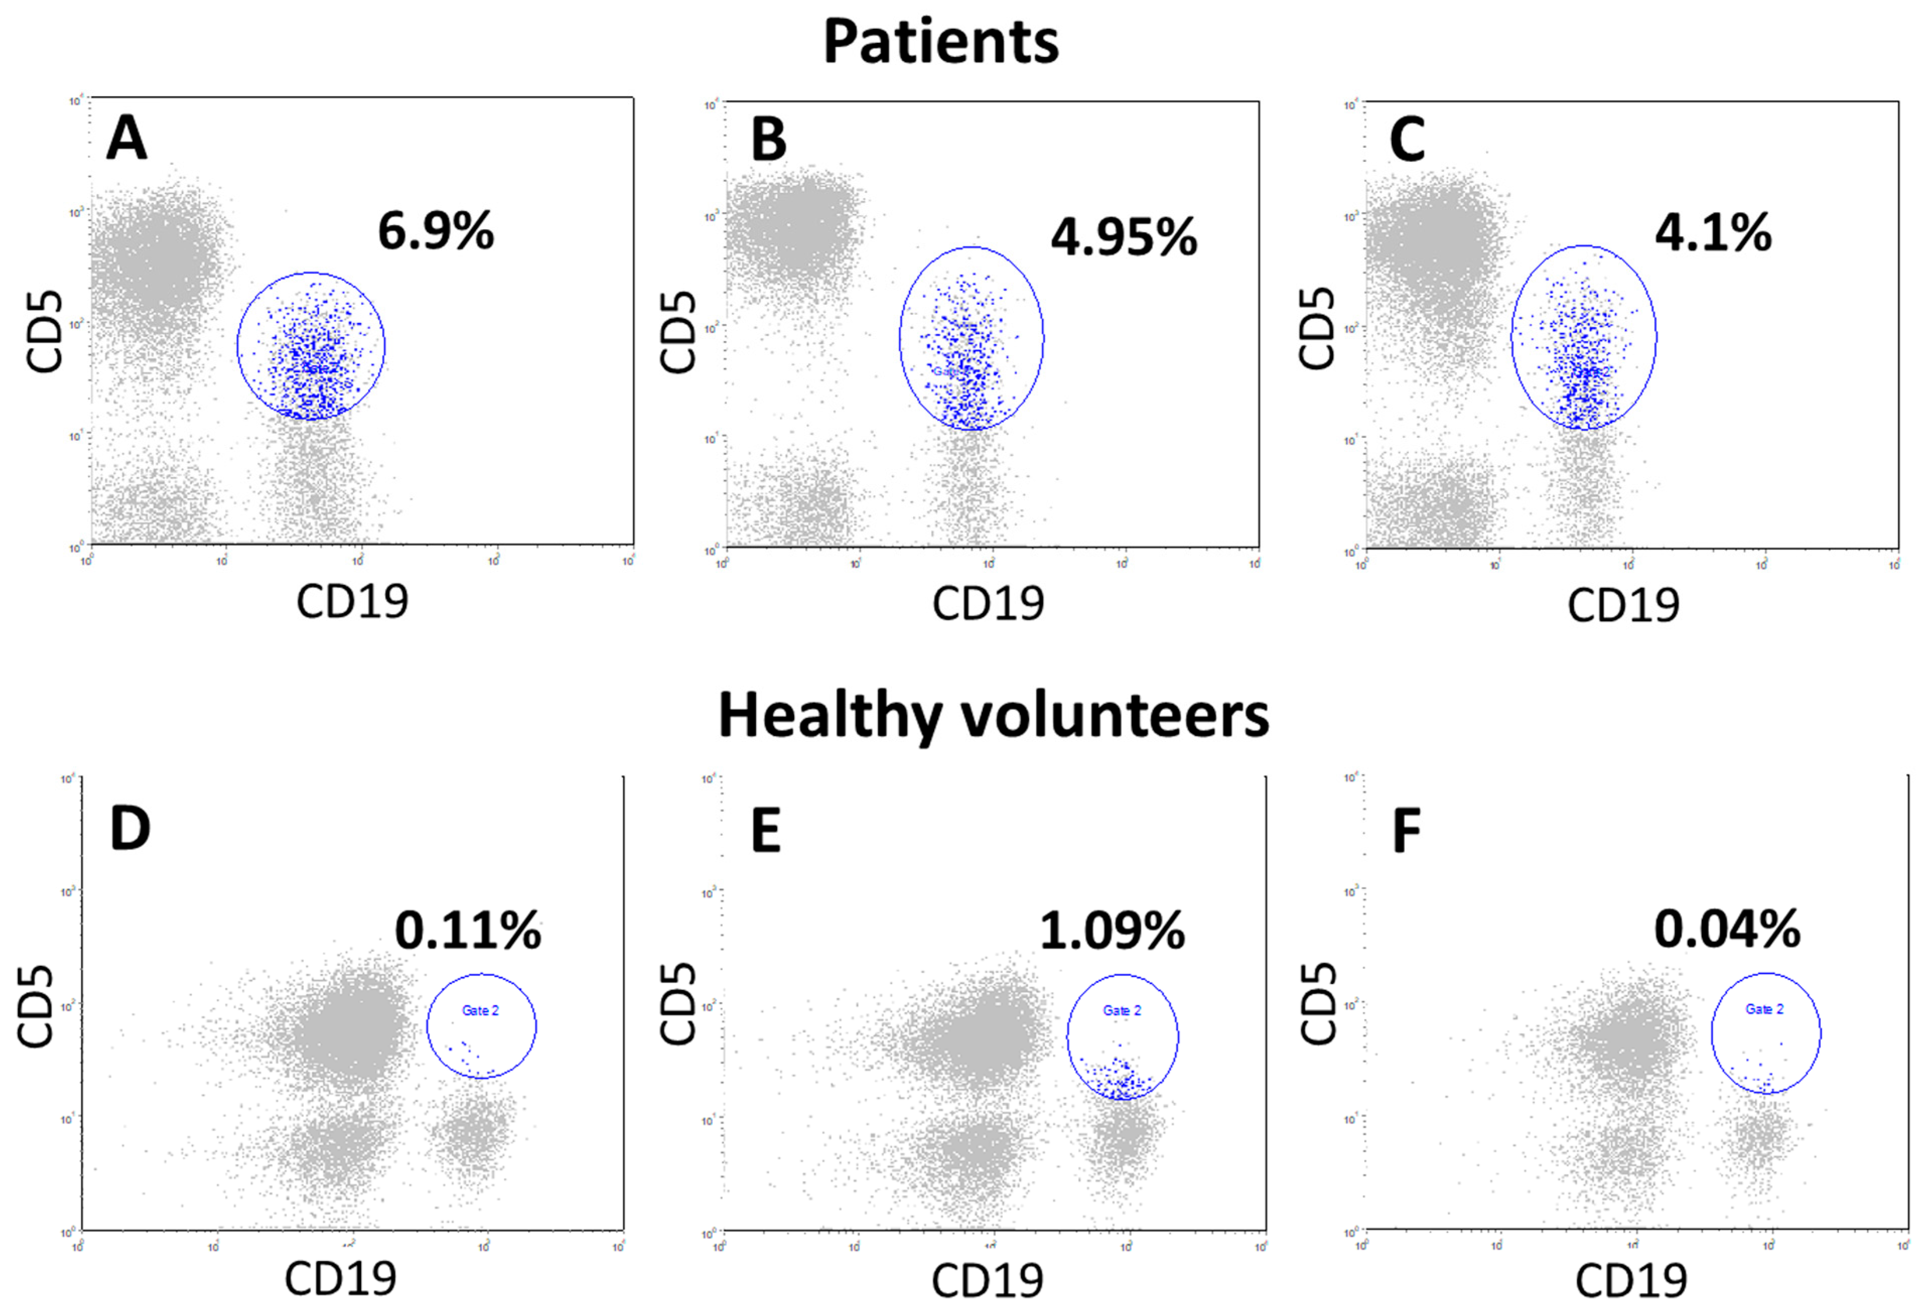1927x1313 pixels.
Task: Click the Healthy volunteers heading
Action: (x=992, y=715)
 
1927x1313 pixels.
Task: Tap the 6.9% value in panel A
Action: (x=436, y=231)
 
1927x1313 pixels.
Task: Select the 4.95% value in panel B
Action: (x=1123, y=237)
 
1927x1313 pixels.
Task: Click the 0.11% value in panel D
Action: (x=468, y=931)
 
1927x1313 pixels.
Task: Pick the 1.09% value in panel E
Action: (x=1112, y=931)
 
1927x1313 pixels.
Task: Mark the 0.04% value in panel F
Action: (x=1727, y=929)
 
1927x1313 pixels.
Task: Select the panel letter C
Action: (x=1407, y=140)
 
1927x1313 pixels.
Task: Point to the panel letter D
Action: (x=130, y=829)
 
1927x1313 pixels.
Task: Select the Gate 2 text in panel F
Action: (x=1764, y=1009)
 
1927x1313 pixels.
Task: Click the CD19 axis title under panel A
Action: (x=352, y=602)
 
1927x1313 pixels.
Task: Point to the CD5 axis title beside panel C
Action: (x=1317, y=329)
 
